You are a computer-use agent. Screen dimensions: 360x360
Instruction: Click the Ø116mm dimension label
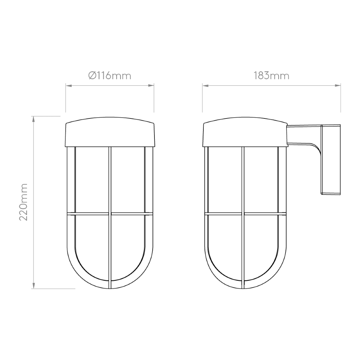(110, 76)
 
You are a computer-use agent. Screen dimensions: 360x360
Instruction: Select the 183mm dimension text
(271, 76)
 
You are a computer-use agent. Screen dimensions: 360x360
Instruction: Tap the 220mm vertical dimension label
(23, 202)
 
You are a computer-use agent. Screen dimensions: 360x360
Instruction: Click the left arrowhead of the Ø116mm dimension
(69, 86)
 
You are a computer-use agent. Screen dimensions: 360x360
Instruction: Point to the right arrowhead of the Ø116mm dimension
(151, 86)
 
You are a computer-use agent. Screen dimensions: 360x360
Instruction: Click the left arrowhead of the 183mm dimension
(206, 86)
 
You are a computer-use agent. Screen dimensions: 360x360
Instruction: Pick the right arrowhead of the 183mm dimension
(338, 86)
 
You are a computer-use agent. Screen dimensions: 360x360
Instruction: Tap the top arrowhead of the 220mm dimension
(34, 119)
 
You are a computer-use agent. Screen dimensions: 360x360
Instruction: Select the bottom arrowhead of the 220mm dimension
(34, 285)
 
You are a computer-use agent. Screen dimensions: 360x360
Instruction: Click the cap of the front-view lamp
(110, 132)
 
